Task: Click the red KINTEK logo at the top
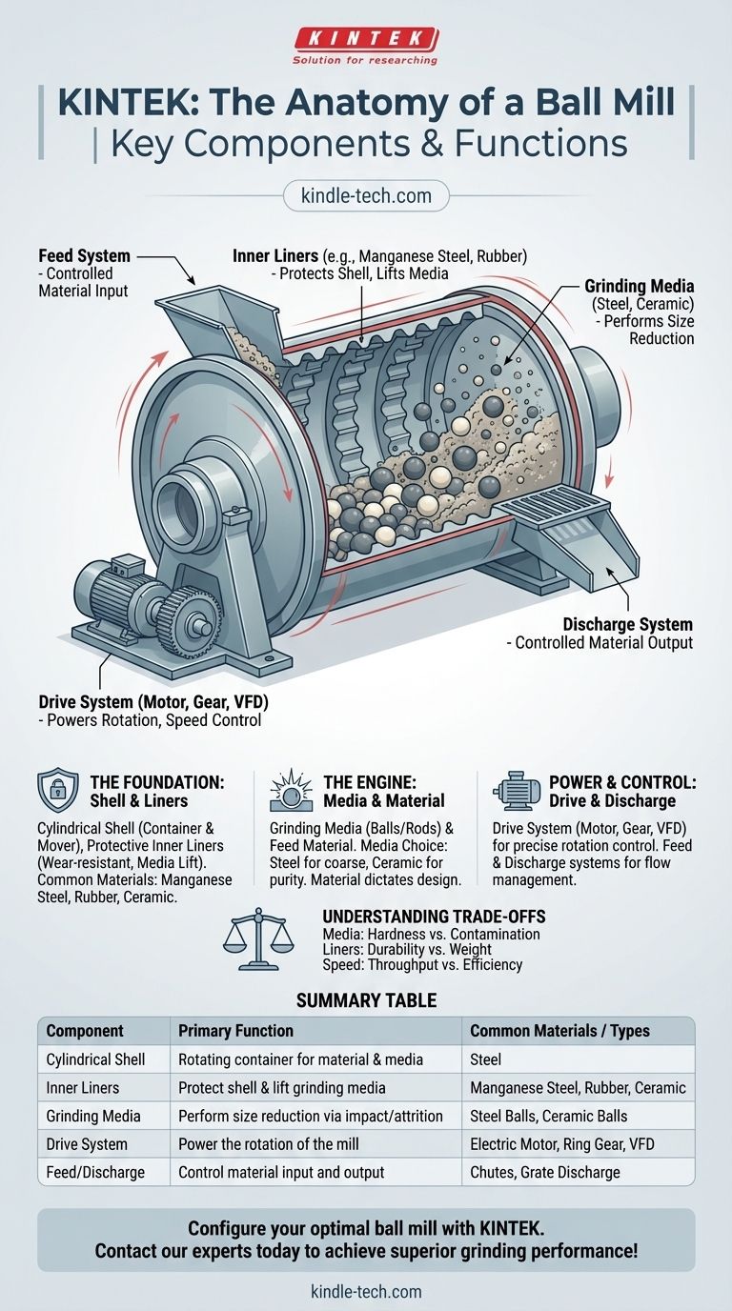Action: [365, 39]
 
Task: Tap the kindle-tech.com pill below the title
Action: [366, 195]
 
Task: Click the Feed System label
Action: [84, 255]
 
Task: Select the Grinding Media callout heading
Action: [640, 286]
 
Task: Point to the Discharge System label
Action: [628, 624]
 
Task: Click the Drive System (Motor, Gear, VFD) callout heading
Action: [153, 702]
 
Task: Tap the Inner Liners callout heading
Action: [275, 255]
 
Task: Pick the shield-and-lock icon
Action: [57, 790]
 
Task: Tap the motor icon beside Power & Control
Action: [516, 791]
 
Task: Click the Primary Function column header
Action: [235, 1031]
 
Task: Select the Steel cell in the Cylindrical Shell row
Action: [485, 1059]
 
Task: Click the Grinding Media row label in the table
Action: [93, 1116]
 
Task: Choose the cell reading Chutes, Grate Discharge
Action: [544, 1172]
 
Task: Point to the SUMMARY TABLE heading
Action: [366, 1000]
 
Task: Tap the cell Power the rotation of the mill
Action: [268, 1144]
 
